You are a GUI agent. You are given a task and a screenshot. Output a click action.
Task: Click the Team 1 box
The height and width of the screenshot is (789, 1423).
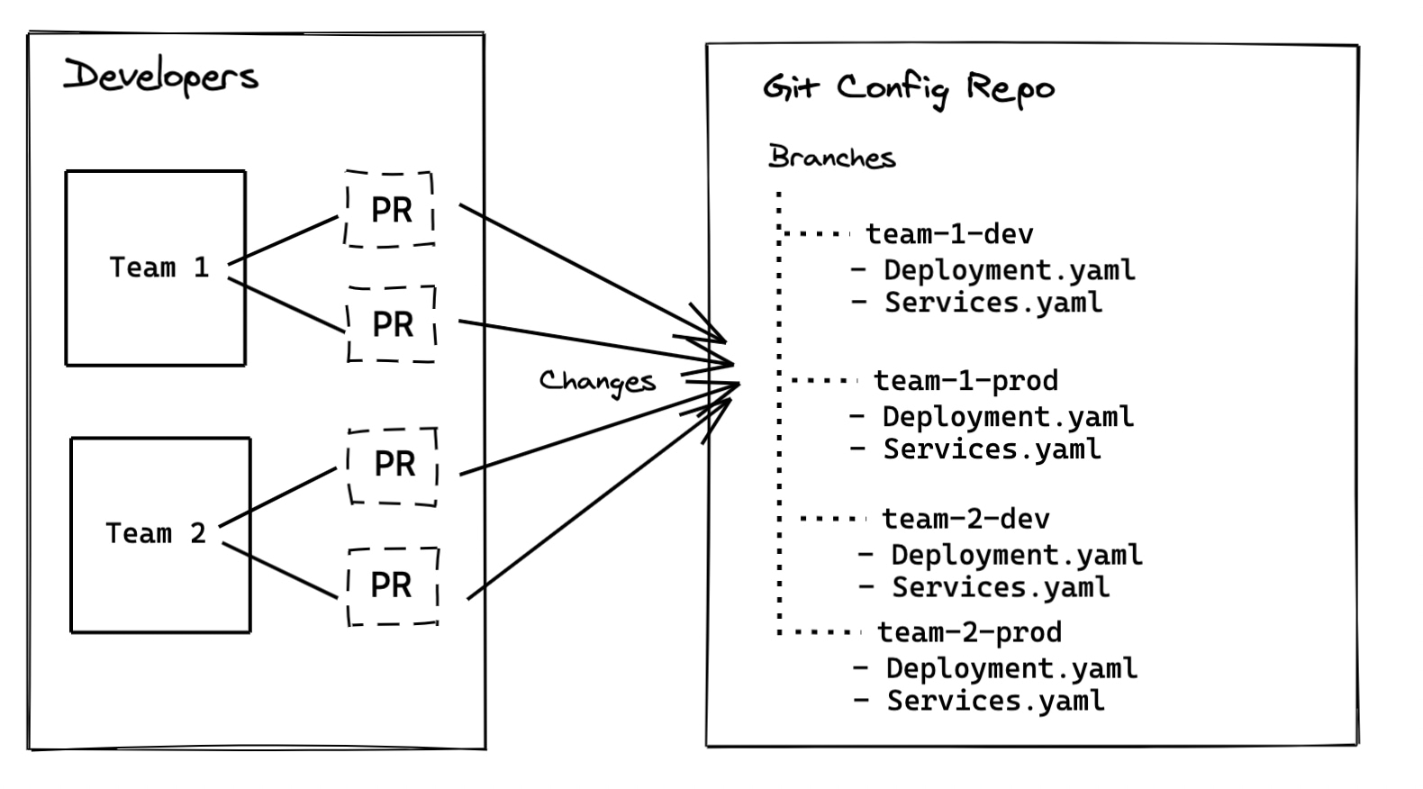click(x=156, y=268)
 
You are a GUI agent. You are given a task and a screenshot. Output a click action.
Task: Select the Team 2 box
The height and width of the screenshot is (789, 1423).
click(x=160, y=534)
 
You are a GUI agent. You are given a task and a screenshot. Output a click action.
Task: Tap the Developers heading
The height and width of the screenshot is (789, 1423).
click(x=161, y=76)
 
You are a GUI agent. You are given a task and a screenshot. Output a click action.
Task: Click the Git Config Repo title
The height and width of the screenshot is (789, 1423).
click(x=908, y=88)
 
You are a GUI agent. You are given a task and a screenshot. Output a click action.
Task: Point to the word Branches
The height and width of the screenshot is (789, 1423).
click(x=831, y=158)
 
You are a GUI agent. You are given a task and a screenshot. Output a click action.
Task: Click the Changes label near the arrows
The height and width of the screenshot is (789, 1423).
click(x=597, y=381)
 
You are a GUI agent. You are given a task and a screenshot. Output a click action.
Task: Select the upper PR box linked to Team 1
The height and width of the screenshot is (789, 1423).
click(x=390, y=209)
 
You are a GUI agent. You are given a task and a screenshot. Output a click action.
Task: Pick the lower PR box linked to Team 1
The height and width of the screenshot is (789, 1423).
click(x=392, y=324)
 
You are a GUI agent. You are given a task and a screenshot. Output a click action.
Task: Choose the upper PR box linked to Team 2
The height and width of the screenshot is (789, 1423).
click(x=394, y=465)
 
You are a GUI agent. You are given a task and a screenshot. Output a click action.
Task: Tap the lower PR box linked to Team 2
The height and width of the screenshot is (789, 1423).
click(x=393, y=585)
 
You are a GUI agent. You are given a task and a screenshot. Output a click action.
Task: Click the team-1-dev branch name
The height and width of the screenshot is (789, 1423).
click(x=949, y=234)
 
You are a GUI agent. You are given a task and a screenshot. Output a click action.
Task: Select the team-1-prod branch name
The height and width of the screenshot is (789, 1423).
click(x=965, y=381)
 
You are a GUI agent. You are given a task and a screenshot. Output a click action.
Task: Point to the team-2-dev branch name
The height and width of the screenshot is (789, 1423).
click(x=965, y=519)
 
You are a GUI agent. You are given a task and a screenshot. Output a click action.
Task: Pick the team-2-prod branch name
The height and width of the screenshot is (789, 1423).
click(x=969, y=632)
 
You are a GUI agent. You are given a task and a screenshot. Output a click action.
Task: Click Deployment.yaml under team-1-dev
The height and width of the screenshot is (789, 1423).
click(x=1009, y=270)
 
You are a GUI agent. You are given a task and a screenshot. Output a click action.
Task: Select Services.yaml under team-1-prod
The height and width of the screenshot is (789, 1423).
click(x=992, y=449)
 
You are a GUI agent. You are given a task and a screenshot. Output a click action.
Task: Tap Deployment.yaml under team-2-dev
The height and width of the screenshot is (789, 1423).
click(x=1016, y=555)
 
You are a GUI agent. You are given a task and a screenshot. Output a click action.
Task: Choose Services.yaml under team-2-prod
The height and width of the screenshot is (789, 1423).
click(x=995, y=701)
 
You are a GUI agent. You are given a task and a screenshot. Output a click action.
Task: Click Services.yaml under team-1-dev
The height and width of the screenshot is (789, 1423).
click(x=992, y=303)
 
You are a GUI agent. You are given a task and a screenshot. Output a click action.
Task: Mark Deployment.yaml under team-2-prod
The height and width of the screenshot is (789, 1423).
click(x=1011, y=668)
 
